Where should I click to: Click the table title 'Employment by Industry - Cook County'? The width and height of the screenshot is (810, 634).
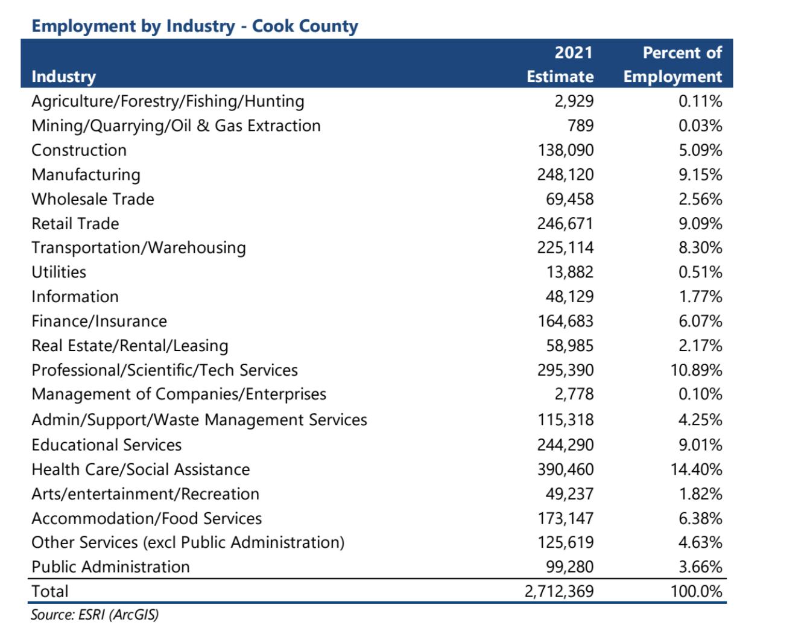(x=194, y=27)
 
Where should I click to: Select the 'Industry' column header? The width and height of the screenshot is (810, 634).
(x=63, y=77)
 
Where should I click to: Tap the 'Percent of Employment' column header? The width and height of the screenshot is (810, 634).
(x=672, y=65)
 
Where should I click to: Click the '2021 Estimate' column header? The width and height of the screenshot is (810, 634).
(x=560, y=65)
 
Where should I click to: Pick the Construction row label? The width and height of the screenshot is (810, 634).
(x=79, y=150)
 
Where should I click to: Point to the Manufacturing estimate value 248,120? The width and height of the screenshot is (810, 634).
(x=566, y=175)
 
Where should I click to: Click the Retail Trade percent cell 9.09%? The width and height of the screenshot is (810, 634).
(x=700, y=224)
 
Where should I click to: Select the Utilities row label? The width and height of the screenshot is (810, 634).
(x=59, y=272)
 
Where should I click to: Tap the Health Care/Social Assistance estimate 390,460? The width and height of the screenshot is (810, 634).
(x=566, y=469)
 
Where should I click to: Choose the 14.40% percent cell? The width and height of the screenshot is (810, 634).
(x=697, y=469)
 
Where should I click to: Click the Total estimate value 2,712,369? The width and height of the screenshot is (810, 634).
(x=559, y=591)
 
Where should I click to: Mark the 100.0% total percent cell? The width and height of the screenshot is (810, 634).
(x=697, y=591)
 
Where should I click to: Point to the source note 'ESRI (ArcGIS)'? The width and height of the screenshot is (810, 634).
(x=95, y=615)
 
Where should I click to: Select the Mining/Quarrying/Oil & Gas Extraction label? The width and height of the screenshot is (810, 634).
(x=176, y=126)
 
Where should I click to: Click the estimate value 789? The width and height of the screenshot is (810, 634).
(x=581, y=126)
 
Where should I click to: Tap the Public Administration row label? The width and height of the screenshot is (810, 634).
(x=110, y=567)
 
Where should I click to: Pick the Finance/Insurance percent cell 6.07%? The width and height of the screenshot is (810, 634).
(x=700, y=322)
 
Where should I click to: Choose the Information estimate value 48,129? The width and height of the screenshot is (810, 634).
(x=570, y=297)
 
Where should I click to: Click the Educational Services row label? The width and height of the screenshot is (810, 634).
(x=106, y=445)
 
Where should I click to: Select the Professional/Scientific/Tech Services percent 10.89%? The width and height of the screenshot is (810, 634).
(x=697, y=370)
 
